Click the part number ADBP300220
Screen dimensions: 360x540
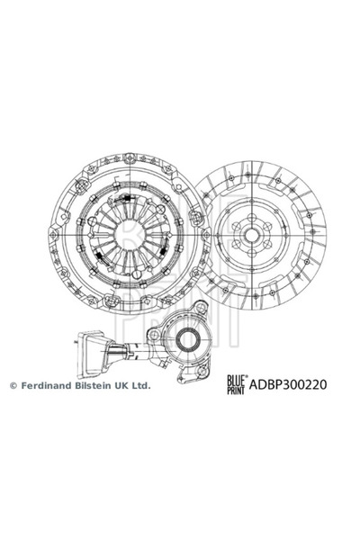pos(288,384)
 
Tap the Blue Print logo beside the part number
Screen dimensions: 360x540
pos(237,384)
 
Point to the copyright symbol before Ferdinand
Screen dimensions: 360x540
pos(13,386)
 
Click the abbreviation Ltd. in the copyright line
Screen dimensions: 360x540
pos(141,385)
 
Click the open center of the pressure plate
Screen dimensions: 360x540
pos(130,235)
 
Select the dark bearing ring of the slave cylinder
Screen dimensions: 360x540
pos(188,339)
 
